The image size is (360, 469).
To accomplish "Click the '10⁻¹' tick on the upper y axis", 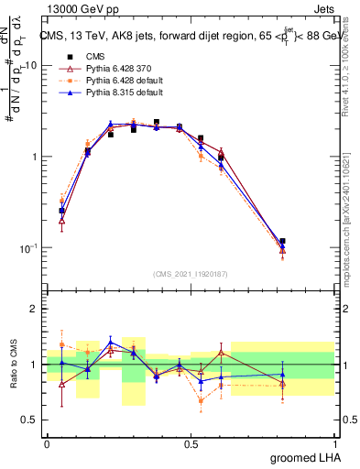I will click(29, 248).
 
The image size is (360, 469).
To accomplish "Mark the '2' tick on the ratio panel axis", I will click(37, 310).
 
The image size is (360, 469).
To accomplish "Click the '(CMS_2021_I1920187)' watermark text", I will click(191, 275).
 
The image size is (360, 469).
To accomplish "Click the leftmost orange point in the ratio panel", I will click(61, 345).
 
